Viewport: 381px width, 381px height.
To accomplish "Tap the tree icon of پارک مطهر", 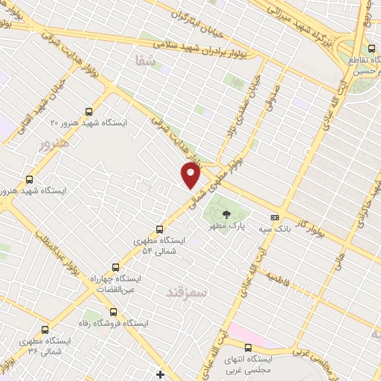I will coord(226,214).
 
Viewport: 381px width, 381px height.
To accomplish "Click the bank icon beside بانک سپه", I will coord(275,217).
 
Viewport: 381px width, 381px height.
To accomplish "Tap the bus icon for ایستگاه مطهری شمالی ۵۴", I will coord(160,229).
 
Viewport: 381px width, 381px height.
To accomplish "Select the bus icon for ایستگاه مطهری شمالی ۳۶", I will coord(31,328).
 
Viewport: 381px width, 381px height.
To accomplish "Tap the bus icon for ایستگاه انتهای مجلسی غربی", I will coord(248,347).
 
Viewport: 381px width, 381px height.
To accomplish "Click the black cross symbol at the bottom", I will coord(160,374).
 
